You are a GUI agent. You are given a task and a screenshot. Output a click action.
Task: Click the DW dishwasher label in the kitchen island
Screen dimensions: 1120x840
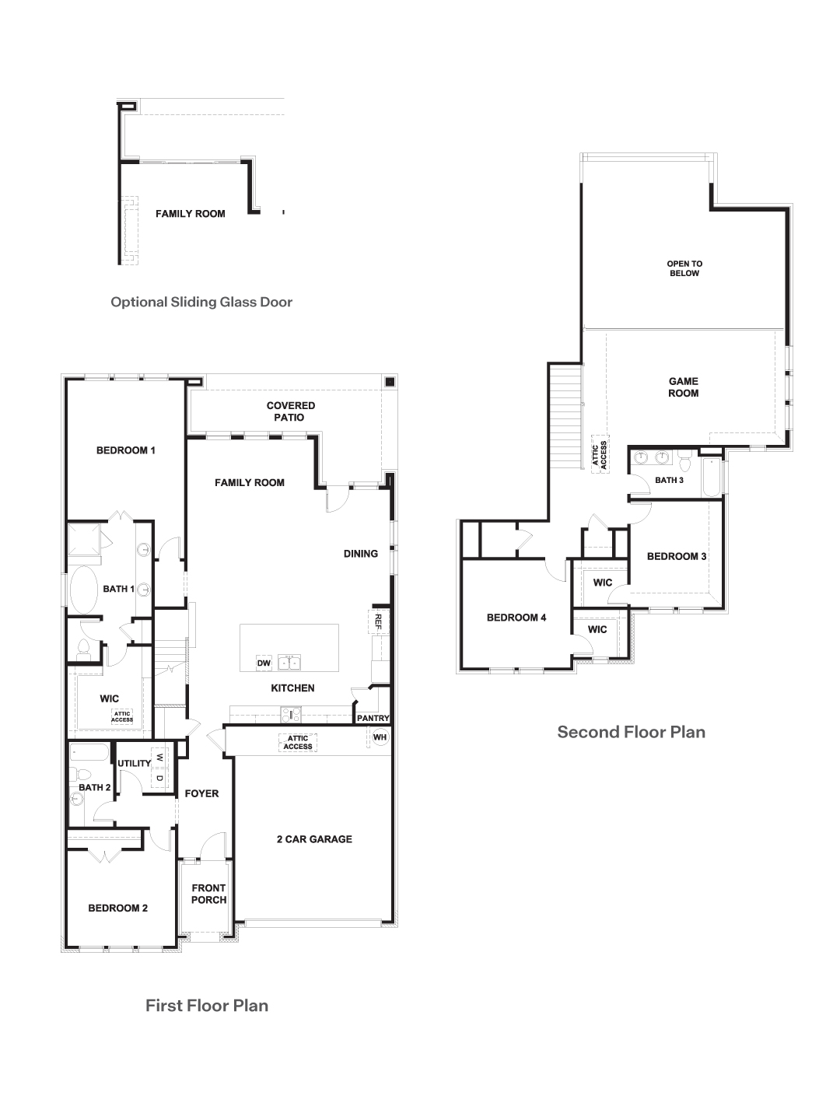264,663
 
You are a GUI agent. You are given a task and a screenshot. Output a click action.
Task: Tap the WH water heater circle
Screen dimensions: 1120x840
380,737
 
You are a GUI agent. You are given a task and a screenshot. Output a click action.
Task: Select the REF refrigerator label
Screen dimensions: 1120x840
378,621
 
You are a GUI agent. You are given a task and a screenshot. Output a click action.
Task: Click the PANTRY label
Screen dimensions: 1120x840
373,718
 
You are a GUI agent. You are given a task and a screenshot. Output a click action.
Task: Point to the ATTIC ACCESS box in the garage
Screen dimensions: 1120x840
297,743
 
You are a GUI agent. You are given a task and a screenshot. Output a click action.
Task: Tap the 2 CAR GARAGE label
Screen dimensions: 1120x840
314,838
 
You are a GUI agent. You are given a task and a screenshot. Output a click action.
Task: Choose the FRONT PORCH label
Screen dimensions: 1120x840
208,894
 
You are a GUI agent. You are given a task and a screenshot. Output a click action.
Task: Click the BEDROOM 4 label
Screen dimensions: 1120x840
516,618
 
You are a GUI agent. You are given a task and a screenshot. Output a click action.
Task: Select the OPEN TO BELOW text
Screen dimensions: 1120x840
684,268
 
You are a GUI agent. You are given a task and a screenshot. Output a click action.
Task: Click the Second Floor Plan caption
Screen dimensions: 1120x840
631,732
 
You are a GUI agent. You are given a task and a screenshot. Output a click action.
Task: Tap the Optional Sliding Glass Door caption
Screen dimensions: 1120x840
201,302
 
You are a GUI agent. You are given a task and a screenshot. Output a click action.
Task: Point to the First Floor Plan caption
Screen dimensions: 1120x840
207,1005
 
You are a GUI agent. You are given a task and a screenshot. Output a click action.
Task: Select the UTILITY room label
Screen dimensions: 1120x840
134,763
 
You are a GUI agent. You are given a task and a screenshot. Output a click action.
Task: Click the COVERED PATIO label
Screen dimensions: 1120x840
291,411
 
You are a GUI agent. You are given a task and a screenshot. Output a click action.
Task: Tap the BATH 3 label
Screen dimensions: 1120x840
669,480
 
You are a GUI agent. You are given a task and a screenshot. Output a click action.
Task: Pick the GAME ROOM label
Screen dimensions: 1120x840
684,387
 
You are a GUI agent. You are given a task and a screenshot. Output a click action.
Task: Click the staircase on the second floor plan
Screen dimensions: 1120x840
565,416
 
